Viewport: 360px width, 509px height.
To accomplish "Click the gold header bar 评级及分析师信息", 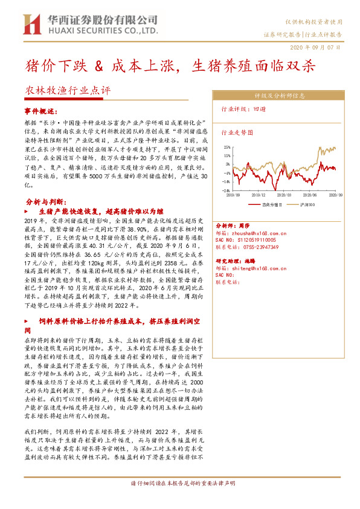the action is pyautogui.click(x=275, y=96).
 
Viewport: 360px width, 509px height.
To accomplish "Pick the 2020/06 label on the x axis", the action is pyautogui.click(x=312, y=195).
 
